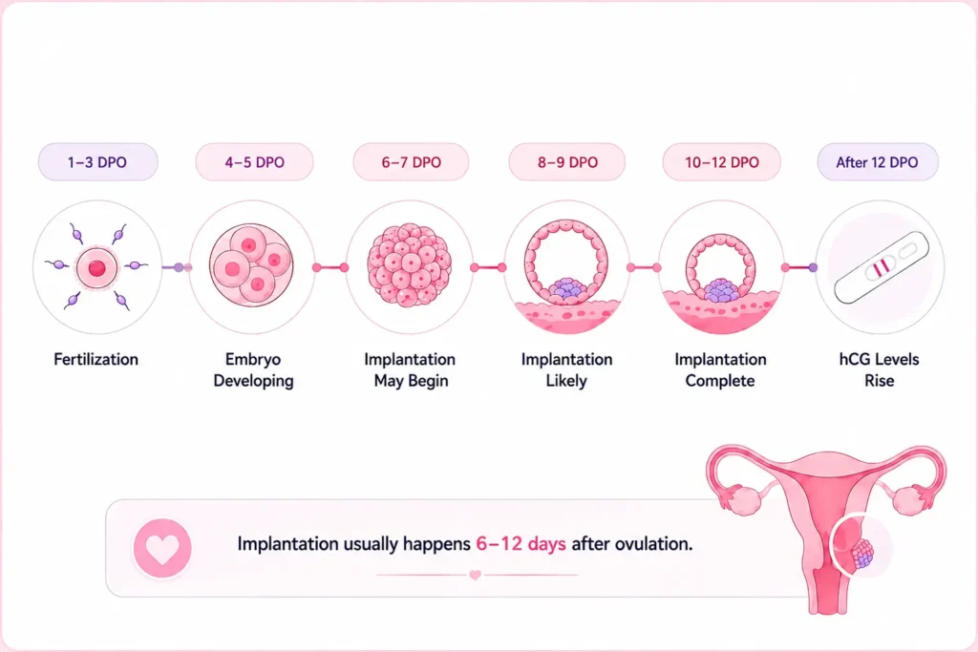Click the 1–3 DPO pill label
point(97,162)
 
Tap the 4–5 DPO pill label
point(254,162)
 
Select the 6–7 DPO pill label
point(411,162)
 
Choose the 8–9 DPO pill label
point(567,162)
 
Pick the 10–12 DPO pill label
point(722,162)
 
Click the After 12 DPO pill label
point(878,162)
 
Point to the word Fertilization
point(96,360)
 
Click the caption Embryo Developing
point(253,370)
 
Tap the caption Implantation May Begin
point(411,370)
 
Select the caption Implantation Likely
point(567,370)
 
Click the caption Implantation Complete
point(720,370)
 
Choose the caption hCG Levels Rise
point(879,370)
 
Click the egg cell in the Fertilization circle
point(96,268)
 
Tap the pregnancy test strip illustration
point(882,268)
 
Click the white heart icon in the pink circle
point(162,549)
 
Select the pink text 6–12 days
point(521,544)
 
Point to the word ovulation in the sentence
point(653,544)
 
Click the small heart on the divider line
point(476,575)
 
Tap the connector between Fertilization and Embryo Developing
point(177,267)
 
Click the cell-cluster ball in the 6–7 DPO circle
point(410,265)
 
